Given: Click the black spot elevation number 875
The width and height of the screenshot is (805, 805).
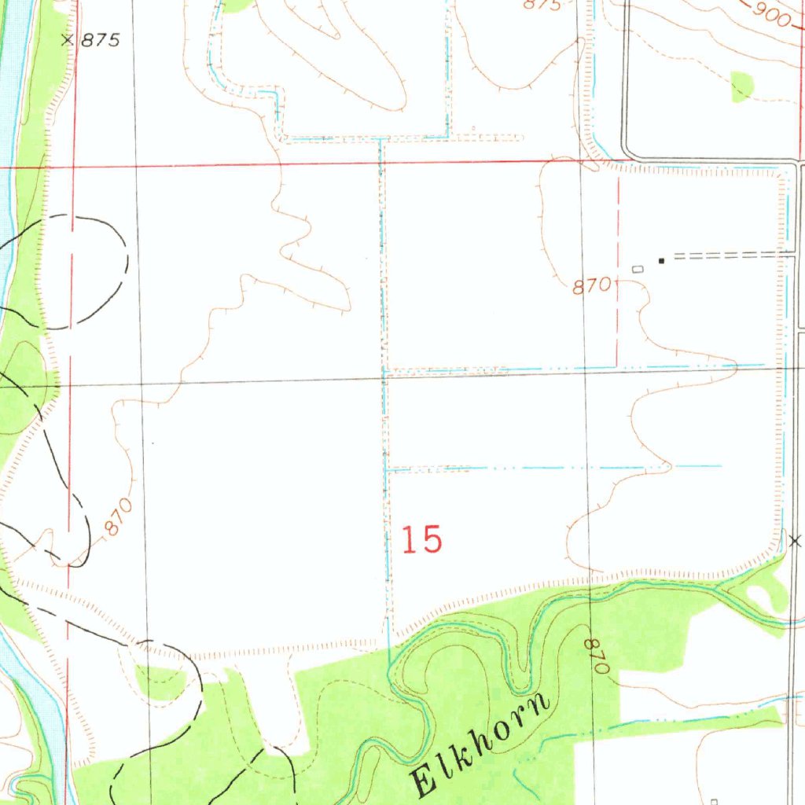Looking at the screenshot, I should [x=100, y=40].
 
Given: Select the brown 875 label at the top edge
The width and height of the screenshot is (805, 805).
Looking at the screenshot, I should [x=542, y=5].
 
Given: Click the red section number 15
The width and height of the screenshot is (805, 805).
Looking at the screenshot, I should [x=422, y=540].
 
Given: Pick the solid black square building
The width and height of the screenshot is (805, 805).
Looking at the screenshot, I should [x=661, y=260].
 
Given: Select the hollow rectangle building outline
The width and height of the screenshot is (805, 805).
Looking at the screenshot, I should [x=637, y=269].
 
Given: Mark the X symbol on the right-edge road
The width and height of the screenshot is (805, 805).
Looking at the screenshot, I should [x=796, y=541].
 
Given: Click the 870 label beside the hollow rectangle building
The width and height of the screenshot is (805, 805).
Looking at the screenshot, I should [x=591, y=287].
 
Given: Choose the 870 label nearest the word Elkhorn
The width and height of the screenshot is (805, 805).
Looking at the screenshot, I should [x=597, y=656].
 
